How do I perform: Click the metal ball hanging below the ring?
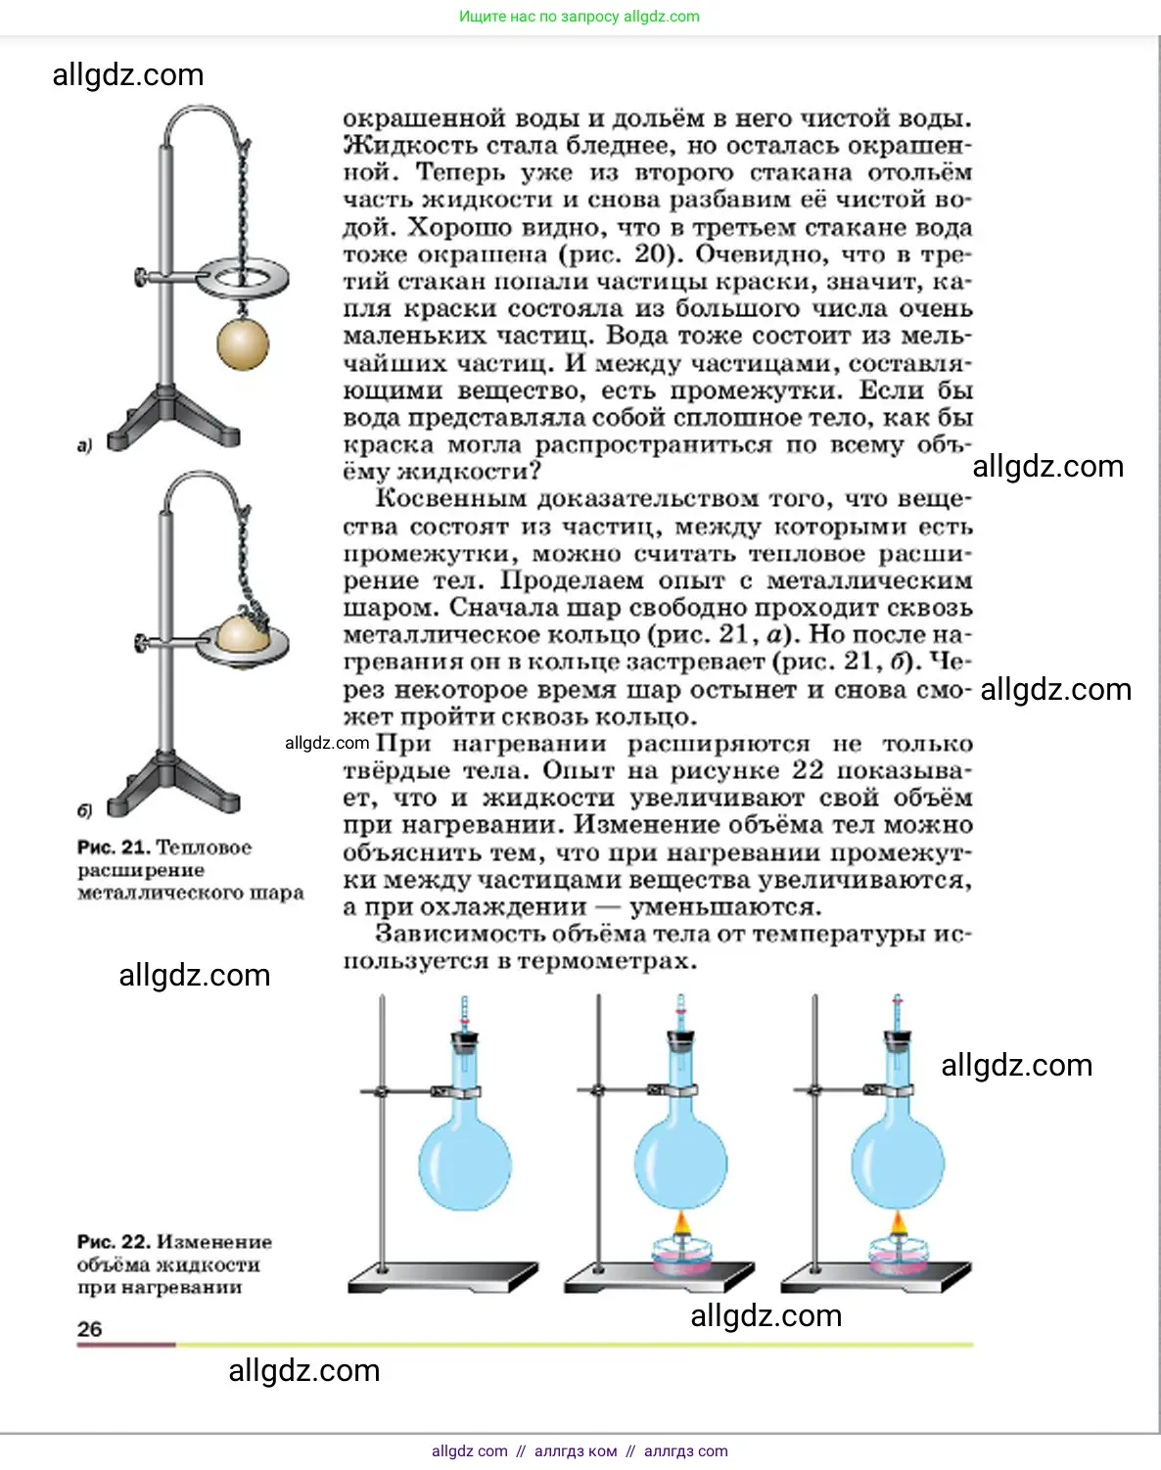pos(242,345)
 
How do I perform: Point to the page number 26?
pos(89,1329)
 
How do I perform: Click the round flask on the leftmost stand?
pos(464,1164)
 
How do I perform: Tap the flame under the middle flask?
pos(681,1224)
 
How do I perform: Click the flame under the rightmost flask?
pos(898,1224)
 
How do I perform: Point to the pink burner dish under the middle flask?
pos(681,1256)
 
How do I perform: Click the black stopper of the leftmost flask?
pos(465,1040)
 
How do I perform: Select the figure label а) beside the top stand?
pos(84,445)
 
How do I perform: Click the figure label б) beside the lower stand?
pos(84,810)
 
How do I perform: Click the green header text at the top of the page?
pos(580,17)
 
